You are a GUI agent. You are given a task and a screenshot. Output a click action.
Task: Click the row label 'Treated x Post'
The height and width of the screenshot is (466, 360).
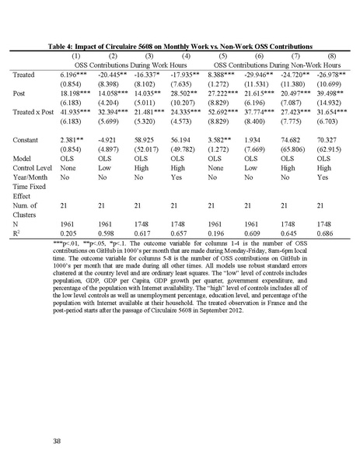coord(35,113)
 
